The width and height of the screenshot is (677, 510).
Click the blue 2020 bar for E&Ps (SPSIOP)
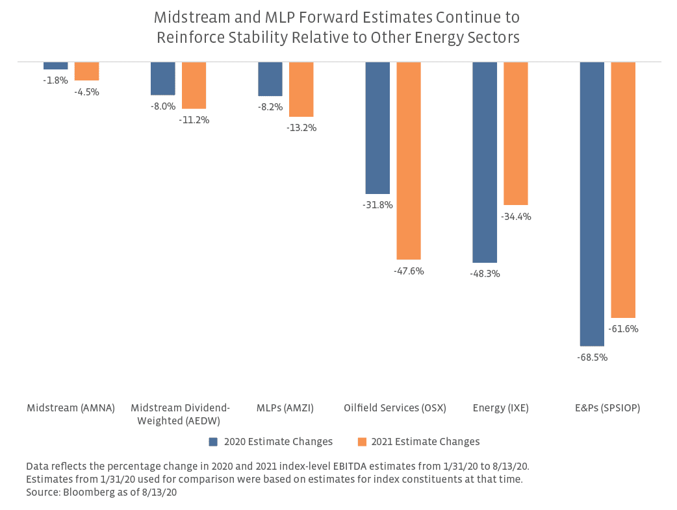pyautogui.click(x=592, y=204)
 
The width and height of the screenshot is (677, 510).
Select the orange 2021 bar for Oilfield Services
pyautogui.click(x=409, y=161)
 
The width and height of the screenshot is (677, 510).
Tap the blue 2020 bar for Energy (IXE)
pyautogui.click(x=485, y=162)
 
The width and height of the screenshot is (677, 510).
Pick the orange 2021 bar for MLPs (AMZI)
pyautogui.click(x=301, y=90)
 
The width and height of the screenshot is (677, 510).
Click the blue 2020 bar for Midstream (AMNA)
pyautogui.click(x=56, y=66)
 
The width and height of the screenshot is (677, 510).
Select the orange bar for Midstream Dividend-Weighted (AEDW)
pyautogui.click(x=194, y=85)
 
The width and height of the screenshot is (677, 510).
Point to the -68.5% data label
pyautogui.click(x=593, y=358)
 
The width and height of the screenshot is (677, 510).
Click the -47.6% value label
pyautogui.click(x=409, y=271)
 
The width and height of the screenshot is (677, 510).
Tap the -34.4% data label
pyautogui.click(x=516, y=217)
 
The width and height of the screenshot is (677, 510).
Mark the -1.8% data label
pyautogui.click(x=56, y=80)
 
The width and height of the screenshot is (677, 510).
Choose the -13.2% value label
pyautogui.click(x=301, y=128)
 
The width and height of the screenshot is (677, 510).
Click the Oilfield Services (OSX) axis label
pyautogui.click(x=395, y=408)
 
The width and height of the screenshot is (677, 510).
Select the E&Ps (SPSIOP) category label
pyautogui.click(x=607, y=408)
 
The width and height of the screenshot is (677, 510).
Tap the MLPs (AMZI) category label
pyautogui.click(x=286, y=408)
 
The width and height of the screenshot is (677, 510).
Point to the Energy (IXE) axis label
pyautogui.click(x=501, y=408)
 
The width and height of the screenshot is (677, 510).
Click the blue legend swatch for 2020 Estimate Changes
pyautogui.click(x=213, y=442)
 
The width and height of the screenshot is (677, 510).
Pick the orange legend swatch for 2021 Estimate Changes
pyautogui.click(x=362, y=442)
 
